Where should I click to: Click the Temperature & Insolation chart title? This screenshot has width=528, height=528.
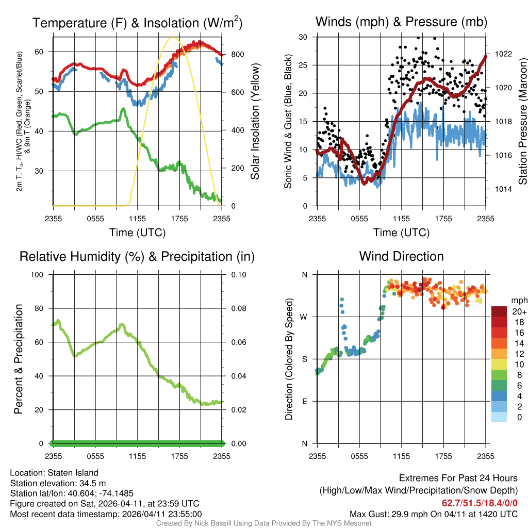pyautogui.click(x=137, y=23)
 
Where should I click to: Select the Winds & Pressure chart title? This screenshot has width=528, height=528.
pyautogui.click(x=401, y=22)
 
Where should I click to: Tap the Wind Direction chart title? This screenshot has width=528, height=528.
pyautogui.click(x=401, y=256)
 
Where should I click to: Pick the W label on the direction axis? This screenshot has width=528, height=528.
pyautogui.click(x=305, y=317)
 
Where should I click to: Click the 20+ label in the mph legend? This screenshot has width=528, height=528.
pyautogui.click(x=519, y=312)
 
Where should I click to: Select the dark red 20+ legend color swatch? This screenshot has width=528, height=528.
pyautogui.click(x=499, y=311)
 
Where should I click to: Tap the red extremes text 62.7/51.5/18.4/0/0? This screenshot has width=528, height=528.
pyautogui.click(x=480, y=503)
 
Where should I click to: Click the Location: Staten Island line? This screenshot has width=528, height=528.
pyautogui.click(x=54, y=473)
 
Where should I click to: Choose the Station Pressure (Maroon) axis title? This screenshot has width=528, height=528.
pyautogui.click(x=522, y=121)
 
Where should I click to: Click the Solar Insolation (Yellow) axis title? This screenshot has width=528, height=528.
pyautogui.click(x=255, y=121)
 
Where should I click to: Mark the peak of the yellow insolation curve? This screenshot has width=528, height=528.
pyautogui.click(x=173, y=37)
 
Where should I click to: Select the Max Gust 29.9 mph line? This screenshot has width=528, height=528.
pyautogui.click(x=433, y=514)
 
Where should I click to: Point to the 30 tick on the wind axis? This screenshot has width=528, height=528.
pyautogui.click(x=304, y=37)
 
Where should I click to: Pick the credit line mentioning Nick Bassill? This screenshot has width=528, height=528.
pyautogui.click(x=264, y=523)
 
